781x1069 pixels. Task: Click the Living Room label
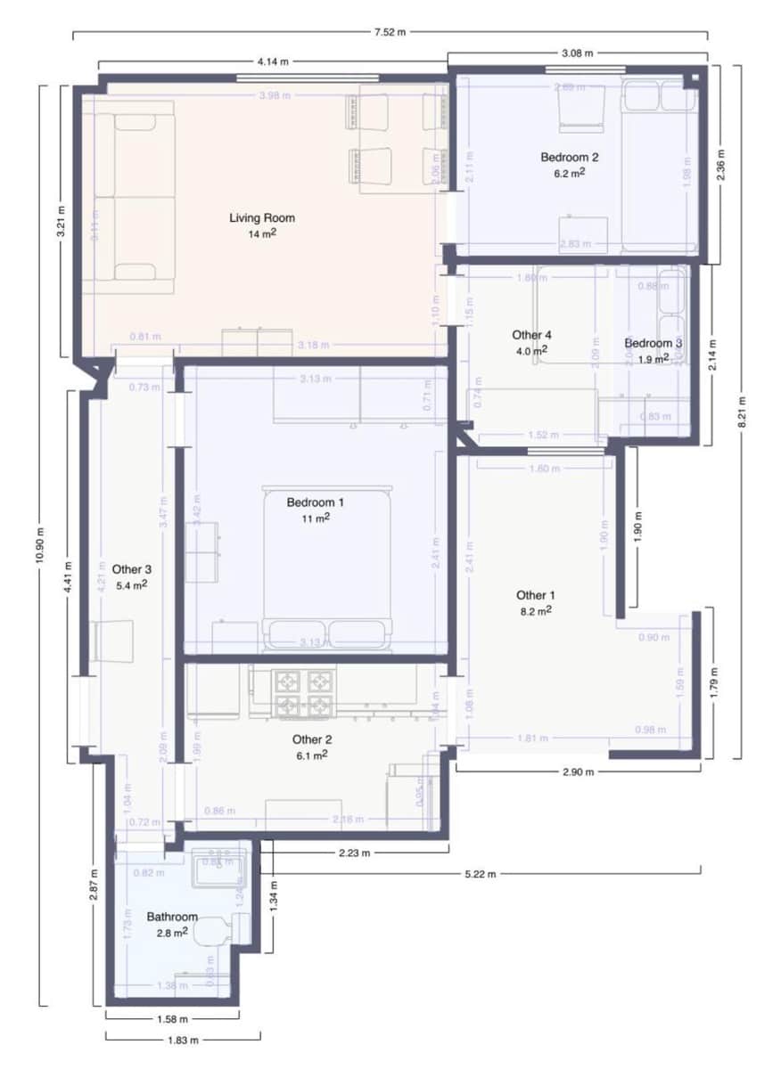(x=261, y=217)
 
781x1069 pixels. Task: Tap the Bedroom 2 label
(x=569, y=158)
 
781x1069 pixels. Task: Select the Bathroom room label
(x=172, y=917)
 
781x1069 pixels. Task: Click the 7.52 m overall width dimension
(x=390, y=33)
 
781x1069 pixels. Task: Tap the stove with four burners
(x=302, y=693)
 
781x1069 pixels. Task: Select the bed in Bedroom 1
(x=327, y=566)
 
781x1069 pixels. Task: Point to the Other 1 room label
(x=535, y=595)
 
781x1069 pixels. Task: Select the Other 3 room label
(x=131, y=569)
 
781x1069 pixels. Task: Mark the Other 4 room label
(x=531, y=335)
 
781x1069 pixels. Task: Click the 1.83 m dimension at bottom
(x=182, y=1040)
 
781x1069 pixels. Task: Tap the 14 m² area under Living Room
(x=261, y=234)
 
